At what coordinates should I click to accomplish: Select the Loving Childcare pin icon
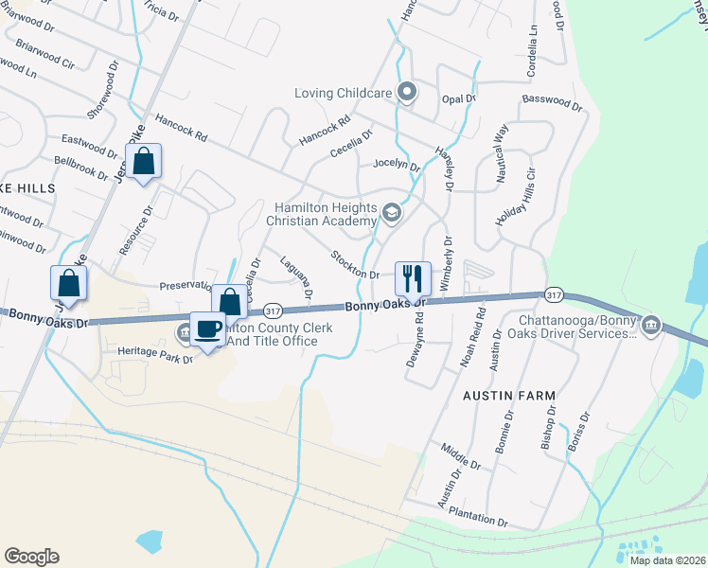pos(408,92)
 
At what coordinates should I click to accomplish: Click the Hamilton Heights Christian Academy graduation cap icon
pos(393,212)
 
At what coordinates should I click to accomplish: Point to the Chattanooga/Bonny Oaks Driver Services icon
pos(651,327)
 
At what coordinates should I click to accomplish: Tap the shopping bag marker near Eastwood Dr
pos(143,162)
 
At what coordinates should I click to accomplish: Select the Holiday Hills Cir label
pos(516,196)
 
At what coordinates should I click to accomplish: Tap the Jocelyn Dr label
pos(397,164)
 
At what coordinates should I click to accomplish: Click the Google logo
pos(31,557)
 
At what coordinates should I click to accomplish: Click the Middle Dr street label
pos(461,455)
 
